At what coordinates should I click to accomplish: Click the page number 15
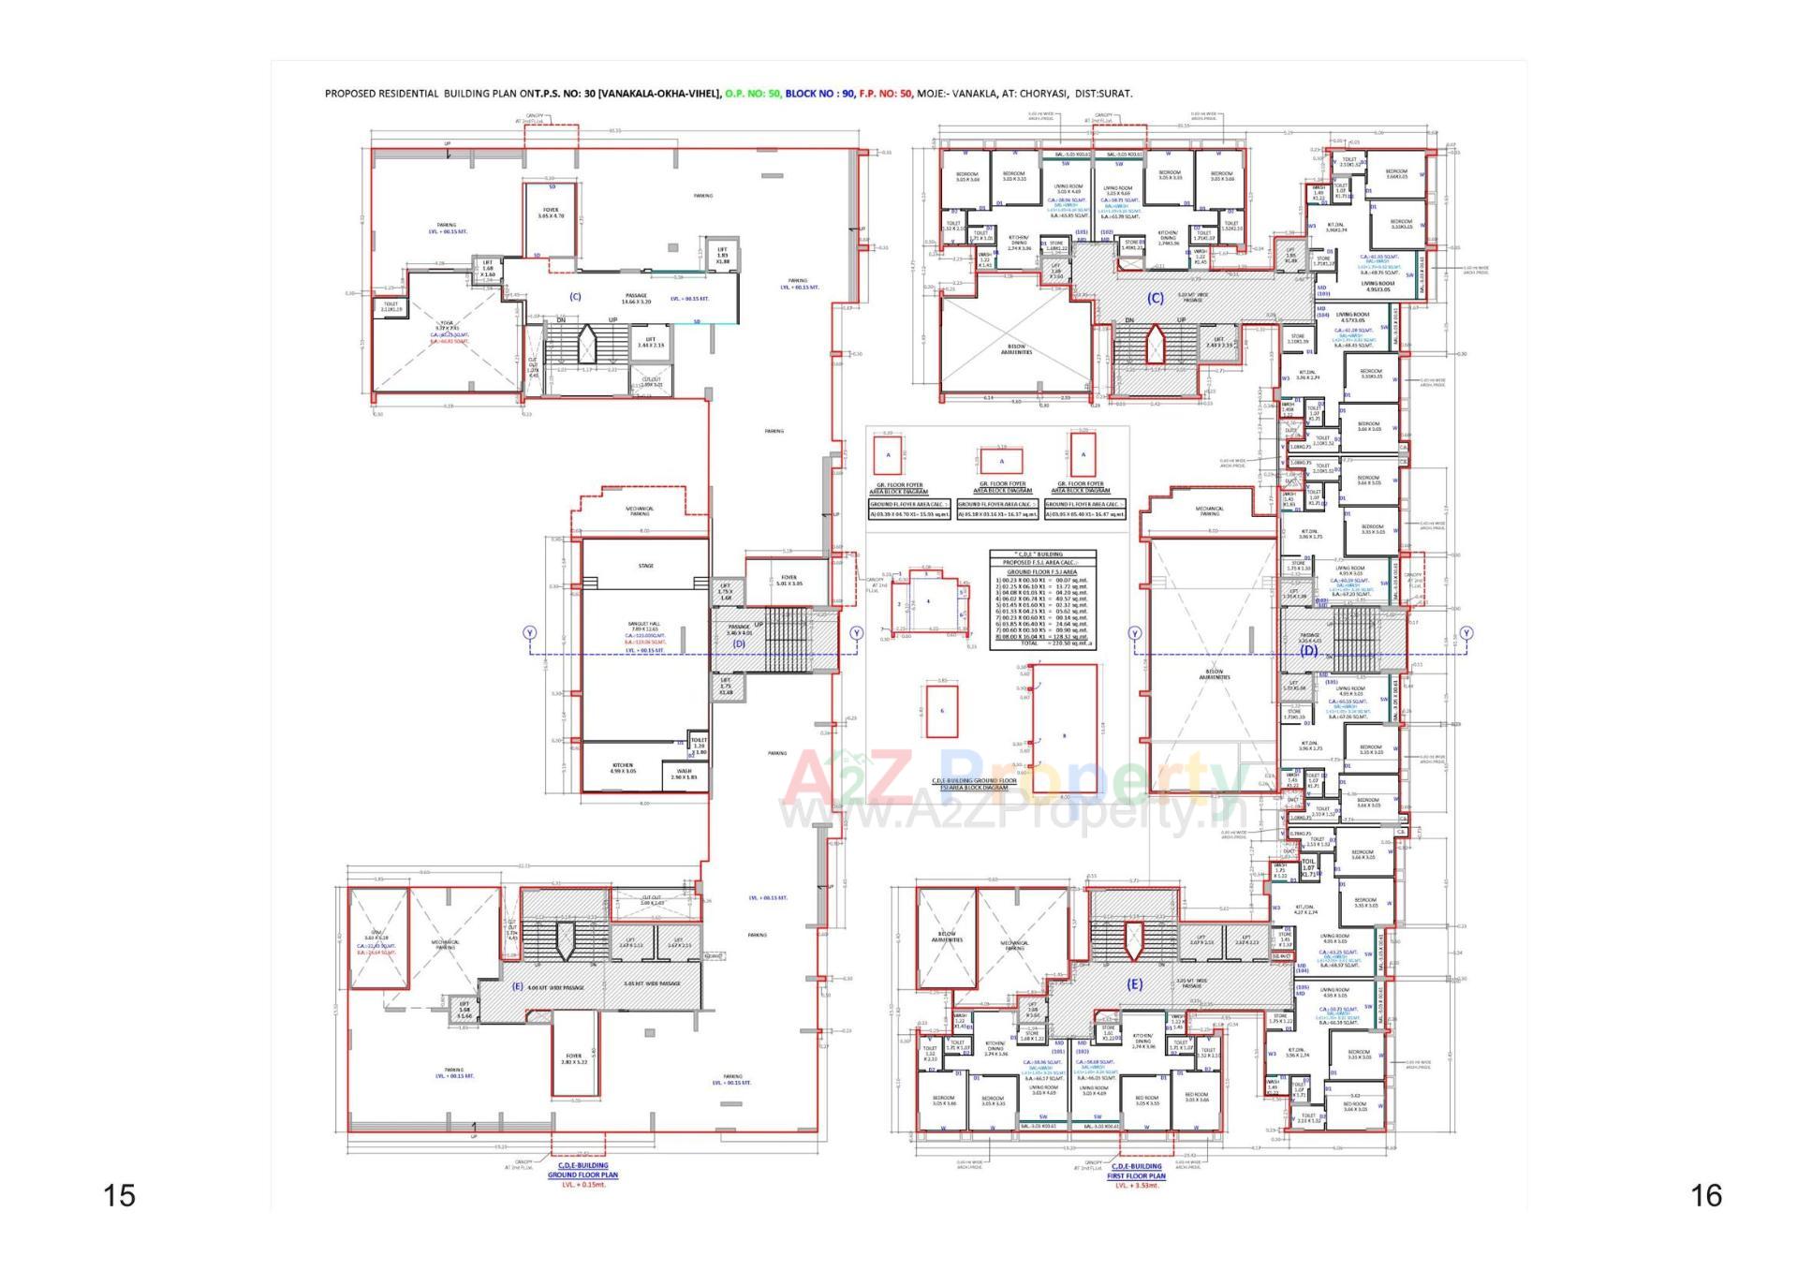(x=119, y=1195)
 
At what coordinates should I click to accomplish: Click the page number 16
(x=1706, y=1195)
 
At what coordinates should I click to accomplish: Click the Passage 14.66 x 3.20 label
(x=636, y=298)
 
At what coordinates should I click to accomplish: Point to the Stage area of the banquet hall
(x=645, y=565)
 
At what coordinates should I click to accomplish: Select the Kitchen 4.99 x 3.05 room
(x=622, y=768)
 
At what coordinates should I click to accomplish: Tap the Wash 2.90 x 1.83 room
(x=684, y=774)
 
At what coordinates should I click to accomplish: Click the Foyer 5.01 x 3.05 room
(x=788, y=580)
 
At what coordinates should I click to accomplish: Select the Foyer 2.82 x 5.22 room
(x=574, y=1058)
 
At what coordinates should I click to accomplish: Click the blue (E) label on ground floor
(x=518, y=986)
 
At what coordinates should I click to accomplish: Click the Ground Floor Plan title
(x=582, y=1175)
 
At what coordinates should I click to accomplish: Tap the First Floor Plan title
(x=1136, y=1175)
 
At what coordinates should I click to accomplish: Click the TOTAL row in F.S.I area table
(x=1042, y=643)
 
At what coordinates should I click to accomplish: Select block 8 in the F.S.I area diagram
(x=1065, y=735)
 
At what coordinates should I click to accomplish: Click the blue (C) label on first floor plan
(x=1156, y=298)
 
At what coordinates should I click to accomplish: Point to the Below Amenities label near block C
(x=1016, y=349)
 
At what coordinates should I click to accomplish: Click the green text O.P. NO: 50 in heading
(x=753, y=94)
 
